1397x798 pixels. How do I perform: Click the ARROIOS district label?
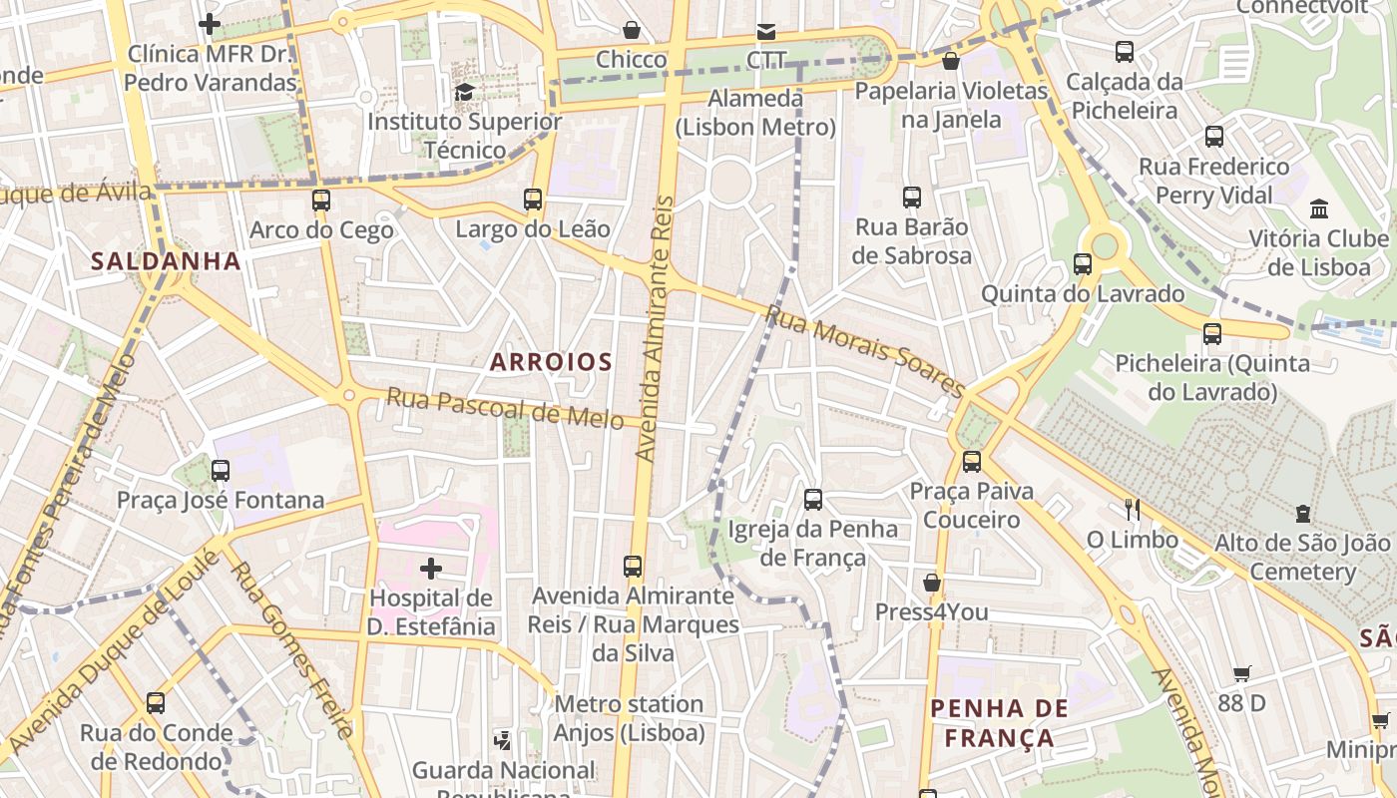[x=551, y=362]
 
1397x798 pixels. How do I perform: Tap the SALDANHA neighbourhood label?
[x=166, y=261]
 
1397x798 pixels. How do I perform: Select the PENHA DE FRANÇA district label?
[x=999, y=723]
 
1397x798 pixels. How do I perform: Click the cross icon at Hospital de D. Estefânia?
[x=431, y=569]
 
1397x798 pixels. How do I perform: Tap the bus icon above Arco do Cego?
[x=320, y=199]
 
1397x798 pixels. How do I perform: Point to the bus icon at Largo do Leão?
[x=533, y=199]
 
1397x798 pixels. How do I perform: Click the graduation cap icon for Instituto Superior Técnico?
[x=464, y=93]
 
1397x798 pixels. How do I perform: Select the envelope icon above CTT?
[x=766, y=31]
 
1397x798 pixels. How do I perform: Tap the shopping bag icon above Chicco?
[x=631, y=30]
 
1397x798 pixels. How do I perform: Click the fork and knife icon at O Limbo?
[x=1132, y=510]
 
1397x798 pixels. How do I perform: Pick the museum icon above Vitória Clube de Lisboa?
[x=1319, y=208]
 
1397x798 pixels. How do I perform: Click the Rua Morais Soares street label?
[x=864, y=351]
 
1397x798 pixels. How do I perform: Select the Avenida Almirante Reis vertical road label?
[x=656, y=329]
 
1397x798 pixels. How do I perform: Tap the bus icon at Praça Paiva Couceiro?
[x=972, y=461]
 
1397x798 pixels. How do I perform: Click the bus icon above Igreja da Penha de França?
[x=813, y=499]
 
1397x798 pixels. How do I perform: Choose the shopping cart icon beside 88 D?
[x=1242, y=673]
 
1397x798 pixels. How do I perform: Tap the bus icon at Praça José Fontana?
[x=221, y=470]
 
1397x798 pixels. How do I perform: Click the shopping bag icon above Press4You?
[x=932, y=582]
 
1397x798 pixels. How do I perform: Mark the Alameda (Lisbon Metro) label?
[x=755, y=113]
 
